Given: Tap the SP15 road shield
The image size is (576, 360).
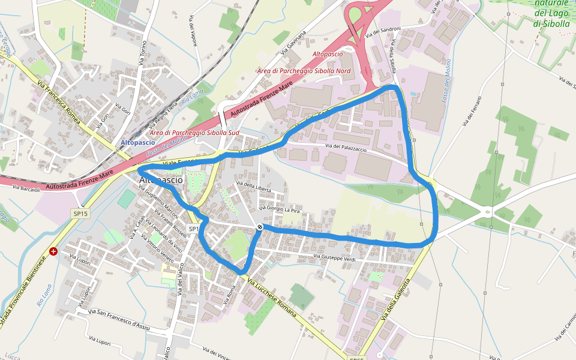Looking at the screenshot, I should (x=80, y=214).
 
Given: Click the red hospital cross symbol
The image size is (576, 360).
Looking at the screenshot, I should (x=54, y=251).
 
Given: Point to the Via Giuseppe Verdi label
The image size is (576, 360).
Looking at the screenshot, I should (x=339, y=257).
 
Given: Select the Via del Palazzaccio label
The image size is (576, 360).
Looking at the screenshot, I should (x=346, y=146).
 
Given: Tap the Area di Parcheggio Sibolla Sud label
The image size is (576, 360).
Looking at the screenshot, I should (x=195, y=132).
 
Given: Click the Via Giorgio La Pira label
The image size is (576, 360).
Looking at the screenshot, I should (x=279, y=209).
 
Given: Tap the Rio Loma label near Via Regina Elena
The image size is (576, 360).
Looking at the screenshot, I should (x=193, y=98).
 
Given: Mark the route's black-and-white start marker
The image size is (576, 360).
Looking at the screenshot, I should (x=259, y=227).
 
